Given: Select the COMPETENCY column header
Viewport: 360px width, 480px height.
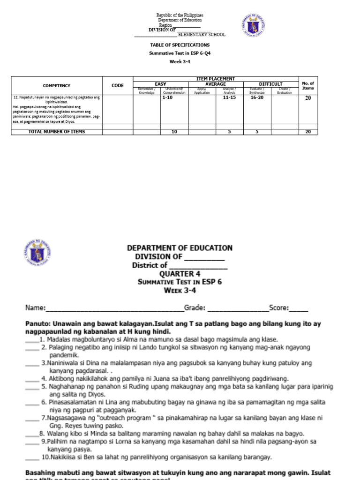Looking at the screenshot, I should [x=56, y=86].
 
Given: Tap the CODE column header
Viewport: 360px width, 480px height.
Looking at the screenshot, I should [x=118, y=86].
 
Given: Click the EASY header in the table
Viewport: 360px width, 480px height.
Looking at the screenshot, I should [x=160, y=84].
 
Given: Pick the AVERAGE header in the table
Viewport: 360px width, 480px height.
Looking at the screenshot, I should [x=216, y=84].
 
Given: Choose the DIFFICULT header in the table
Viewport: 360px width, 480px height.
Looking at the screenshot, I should [x=270, y=84].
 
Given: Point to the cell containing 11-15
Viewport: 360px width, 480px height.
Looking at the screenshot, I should [x=229, y=98].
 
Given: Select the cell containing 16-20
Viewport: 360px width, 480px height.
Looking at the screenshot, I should [x=257, y=98].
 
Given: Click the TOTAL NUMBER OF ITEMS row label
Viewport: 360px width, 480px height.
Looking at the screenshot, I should [x=57, y=132].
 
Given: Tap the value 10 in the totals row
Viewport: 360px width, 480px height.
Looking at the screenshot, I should [x=174, y=132].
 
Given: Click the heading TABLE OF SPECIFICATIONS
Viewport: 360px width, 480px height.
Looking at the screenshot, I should [x=180, y=45].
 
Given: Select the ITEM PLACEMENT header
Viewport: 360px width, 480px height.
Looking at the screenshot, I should [x=216, y=79].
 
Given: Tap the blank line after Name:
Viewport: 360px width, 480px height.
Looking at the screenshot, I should [x=114, y=308].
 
